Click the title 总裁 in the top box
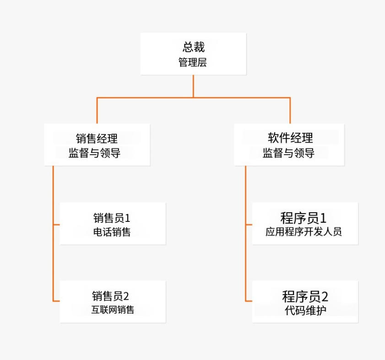(193, 47)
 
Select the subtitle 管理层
(193, 63)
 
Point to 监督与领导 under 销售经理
(95, 153)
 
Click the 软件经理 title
(290, 138)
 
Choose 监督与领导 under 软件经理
(288, 153)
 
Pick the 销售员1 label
(112, 217)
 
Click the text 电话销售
(112, 232)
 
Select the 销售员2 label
(113, 296)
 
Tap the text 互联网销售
(113, 310)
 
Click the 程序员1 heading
(304, 217)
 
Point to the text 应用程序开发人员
(304, 232)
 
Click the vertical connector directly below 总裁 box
(193, 86)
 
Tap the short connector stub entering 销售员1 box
(57, 225)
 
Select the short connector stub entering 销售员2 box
(57, 301)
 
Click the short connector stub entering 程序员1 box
(249, 225)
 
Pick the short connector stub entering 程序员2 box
(249, 301)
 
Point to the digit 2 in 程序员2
(325, 296)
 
